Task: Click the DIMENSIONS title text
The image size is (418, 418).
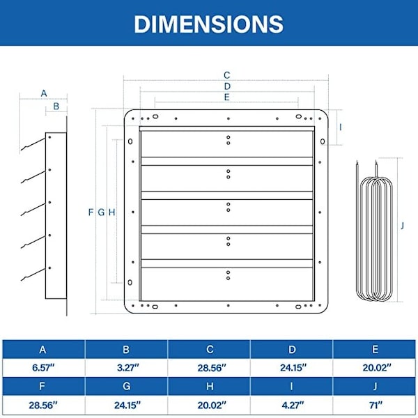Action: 208,24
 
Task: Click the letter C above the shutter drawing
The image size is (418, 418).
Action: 226,75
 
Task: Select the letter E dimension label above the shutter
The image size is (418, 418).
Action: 226,97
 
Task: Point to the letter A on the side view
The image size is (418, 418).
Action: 44,93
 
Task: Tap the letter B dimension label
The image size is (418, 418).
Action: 56,106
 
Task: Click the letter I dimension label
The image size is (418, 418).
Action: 340,127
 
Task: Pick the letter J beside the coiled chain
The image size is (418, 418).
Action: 402,226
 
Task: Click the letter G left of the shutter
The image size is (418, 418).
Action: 101,212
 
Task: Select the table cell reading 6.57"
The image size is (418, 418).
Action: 43,368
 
